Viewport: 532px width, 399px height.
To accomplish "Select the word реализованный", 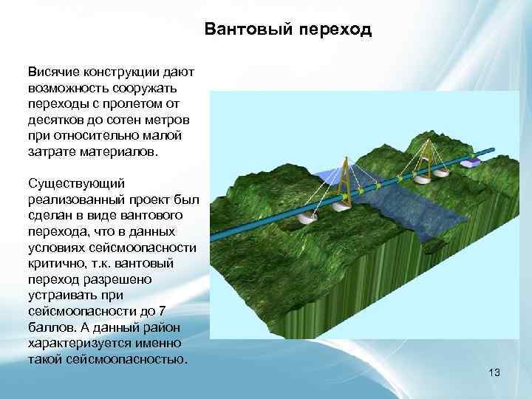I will pyautogui.click(x=73, y=197).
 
